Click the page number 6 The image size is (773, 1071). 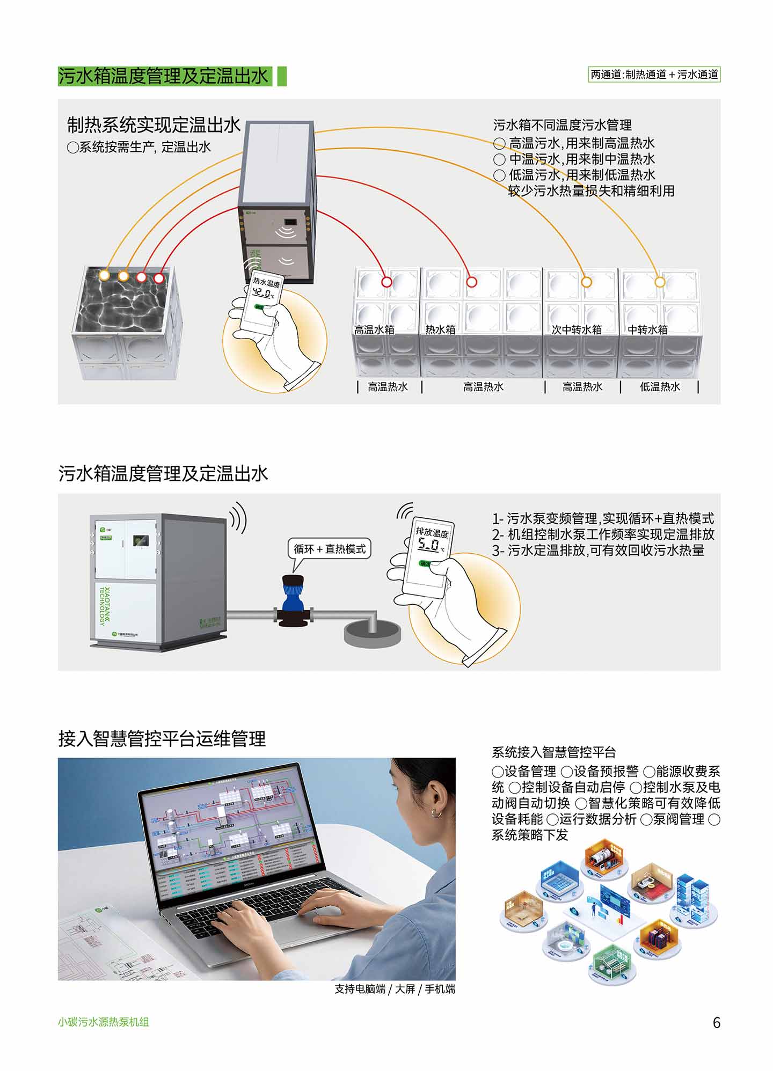pos(716,1022)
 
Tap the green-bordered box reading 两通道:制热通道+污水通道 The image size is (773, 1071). pos(654,75)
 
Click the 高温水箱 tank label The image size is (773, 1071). pos(374,329)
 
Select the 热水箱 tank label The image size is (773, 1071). pos(440,329)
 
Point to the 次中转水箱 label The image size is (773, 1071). pos(577,329)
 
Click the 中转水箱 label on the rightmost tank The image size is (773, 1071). pos(647,329)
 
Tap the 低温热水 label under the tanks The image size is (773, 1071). pos(660,387)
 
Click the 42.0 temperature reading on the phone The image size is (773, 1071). pos(262,293)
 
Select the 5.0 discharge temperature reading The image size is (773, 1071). pos(429,545)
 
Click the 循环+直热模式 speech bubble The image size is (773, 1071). pos(330,549)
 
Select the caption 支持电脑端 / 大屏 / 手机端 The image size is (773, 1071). pos(395,989)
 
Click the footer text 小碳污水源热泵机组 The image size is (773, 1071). pos(103,1022)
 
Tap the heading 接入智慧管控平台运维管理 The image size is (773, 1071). pos(162,739)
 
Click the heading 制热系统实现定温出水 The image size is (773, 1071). pos(154,125)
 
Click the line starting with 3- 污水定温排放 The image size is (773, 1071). pos(598,551)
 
